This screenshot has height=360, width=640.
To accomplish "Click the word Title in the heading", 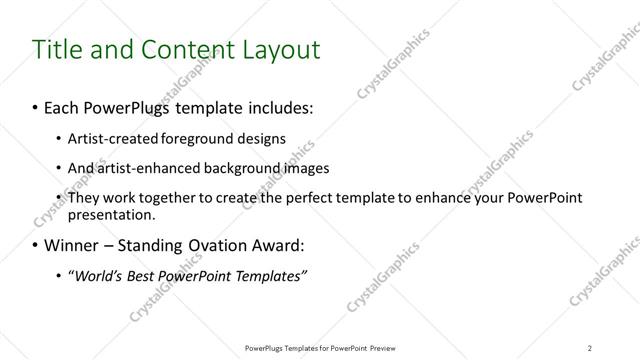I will (x=58, y=49).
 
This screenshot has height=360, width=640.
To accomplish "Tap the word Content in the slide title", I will (x=176, y=49).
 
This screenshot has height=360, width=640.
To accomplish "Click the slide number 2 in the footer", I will (x=590, y=348).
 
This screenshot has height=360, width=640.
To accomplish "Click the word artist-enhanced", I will (x=144, y=167).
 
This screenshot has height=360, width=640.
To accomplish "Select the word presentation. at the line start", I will (x=111, y=213).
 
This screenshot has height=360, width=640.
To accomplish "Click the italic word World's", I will (x=97, y=275).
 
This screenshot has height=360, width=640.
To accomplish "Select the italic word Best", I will (x=145, y=275).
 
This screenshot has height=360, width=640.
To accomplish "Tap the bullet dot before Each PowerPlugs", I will (x=36, y=105).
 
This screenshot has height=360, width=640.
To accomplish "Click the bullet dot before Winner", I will (x=36, y=245).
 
